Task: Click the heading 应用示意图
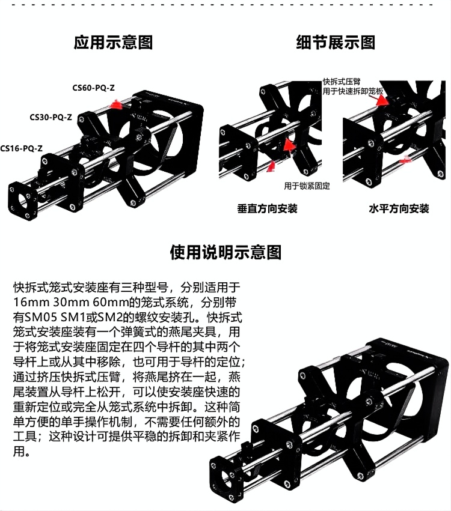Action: point(113,43)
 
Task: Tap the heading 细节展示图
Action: point(336,43)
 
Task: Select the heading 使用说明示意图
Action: point(226,252)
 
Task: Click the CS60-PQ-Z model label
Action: point(94,88)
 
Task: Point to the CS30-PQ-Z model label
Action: point(51,117)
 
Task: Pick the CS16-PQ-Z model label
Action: point(21,148)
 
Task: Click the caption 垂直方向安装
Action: point(267,208)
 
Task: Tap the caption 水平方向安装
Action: point(399,208)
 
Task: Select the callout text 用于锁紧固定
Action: point(307,186)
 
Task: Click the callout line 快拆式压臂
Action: point(342,82)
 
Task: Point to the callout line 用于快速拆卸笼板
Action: point(353,91)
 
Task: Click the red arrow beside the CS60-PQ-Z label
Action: point(115,104)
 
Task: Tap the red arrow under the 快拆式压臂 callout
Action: point(382,100)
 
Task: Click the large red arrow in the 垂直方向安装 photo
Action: point(289,145)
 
